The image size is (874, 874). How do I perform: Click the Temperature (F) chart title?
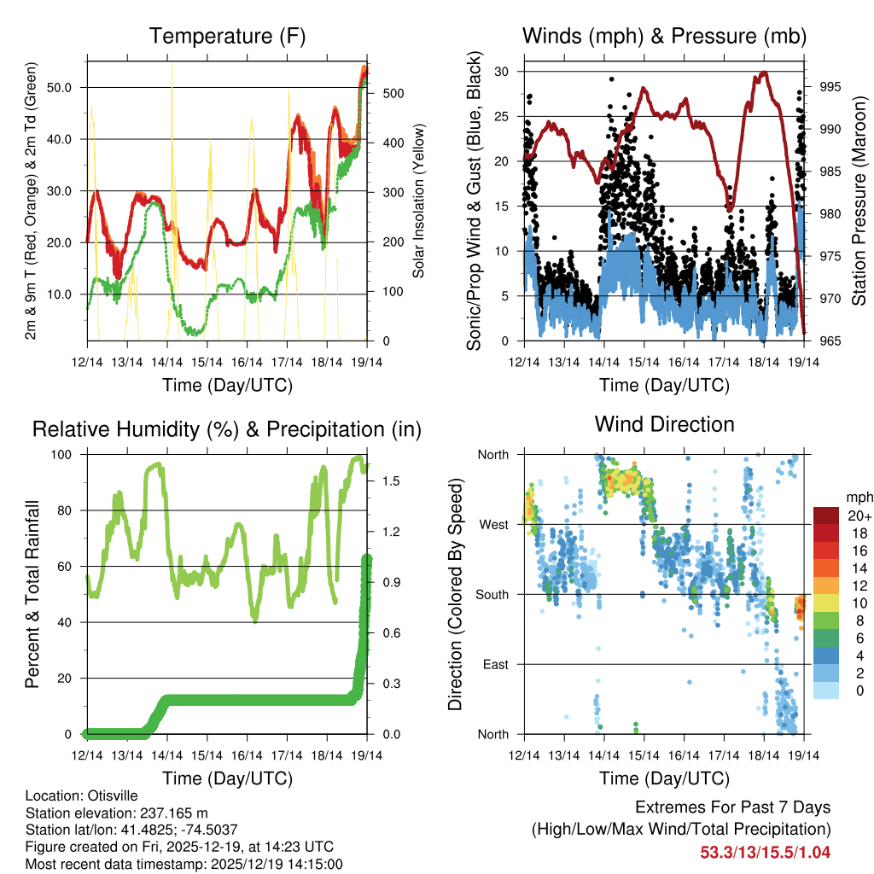(227, 36)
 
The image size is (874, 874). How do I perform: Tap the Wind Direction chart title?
(664, 423)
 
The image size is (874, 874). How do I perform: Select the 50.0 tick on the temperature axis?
(66, 87)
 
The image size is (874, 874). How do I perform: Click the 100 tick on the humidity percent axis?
(69, 454)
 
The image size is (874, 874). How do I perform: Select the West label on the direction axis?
(493, 524)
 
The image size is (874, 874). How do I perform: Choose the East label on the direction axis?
(495, 664)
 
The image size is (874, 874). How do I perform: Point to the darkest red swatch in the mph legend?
(825, 516)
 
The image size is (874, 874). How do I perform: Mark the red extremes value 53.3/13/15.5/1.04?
(765, 852)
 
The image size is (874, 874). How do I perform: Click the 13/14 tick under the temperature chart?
(127, 363)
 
